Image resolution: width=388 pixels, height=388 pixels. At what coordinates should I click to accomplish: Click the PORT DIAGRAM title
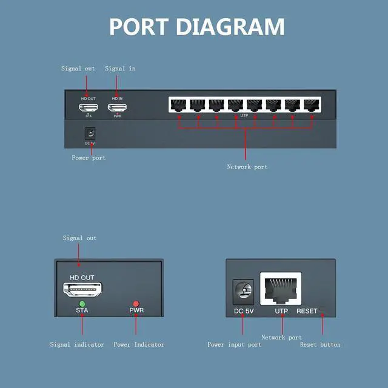coord(196,27)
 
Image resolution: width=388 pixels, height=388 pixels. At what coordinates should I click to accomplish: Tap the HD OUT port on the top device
coord(89,108)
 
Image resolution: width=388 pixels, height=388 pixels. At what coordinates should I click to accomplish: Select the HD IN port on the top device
coord(117,108)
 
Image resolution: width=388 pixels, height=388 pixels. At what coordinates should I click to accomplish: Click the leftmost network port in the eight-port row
coord(178,104)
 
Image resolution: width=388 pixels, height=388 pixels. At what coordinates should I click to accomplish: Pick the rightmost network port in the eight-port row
coord(312,104)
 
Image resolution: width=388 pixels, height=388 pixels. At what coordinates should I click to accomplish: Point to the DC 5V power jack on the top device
coord(91,133)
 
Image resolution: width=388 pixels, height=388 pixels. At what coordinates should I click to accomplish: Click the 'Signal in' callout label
coord(120,69)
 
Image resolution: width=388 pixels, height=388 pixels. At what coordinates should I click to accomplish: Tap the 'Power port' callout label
coord(89,158)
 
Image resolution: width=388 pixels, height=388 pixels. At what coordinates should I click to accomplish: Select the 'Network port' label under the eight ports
coord(247,167)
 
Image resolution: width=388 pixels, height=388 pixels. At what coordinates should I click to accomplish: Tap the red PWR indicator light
coord(136,303)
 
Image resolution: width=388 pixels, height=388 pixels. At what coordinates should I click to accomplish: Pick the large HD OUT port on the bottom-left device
coord(82,289)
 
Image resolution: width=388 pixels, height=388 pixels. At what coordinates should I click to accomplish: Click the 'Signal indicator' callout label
coord(77,345)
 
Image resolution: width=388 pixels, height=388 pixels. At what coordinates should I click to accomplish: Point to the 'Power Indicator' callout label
coord(139,345)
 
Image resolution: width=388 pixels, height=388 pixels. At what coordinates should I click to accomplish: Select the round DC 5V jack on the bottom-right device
coord(243,292)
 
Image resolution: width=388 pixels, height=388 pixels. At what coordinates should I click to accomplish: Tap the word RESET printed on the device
coord(307,312)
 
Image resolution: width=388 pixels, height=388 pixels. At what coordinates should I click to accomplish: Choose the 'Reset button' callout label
coord(320,345)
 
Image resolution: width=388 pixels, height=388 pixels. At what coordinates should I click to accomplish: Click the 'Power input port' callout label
coord(235,345)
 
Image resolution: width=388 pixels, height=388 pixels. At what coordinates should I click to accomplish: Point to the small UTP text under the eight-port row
coord(244,115)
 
